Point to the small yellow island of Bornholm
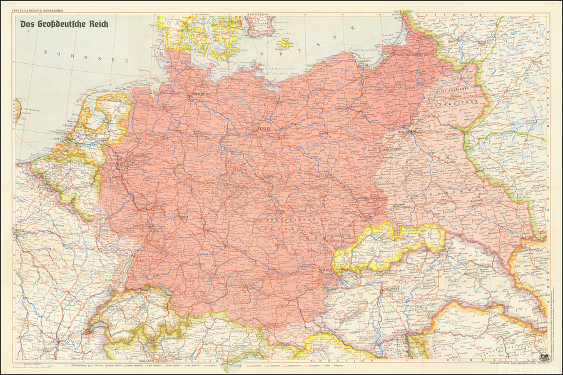[x=286, y=44]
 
